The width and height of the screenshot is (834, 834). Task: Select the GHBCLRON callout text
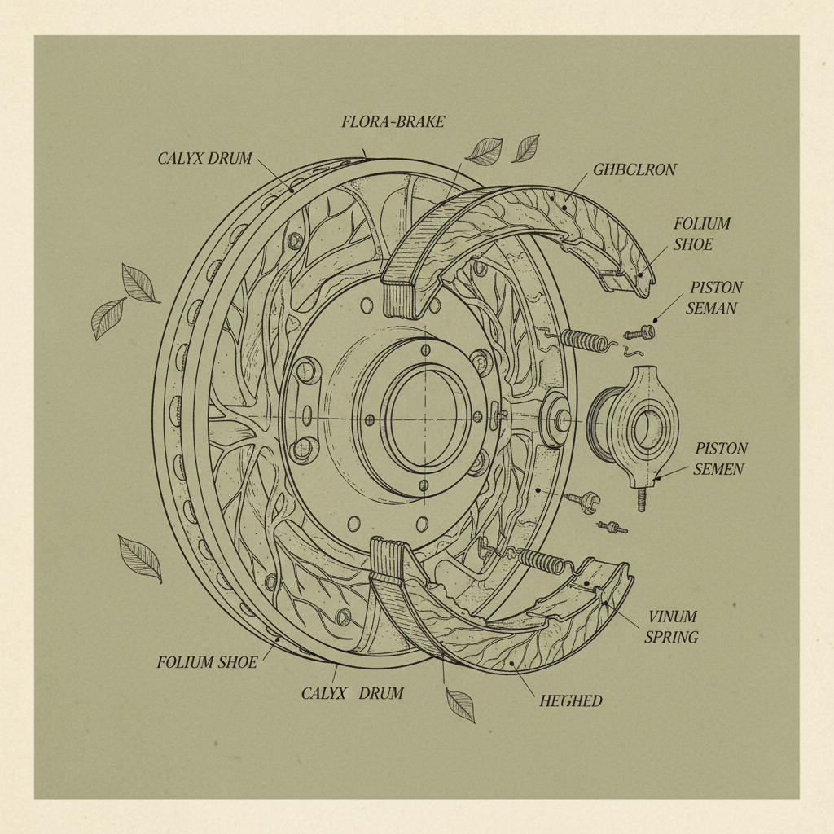[x=634, y=169]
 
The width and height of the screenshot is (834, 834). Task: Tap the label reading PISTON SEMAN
[x=715, y=298]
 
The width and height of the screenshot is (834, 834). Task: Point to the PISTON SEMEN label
[x=720, y=459]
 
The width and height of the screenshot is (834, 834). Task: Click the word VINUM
[x=672, y=617]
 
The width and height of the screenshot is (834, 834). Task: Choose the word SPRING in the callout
[x=671, y=637]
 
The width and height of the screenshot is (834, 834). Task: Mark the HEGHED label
[x=570, y=700]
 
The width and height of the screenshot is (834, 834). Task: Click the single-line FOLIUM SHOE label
[x=207, y=662]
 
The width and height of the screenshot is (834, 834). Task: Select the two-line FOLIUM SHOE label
[x=701, y=234]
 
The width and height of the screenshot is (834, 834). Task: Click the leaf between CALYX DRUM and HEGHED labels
[x=461, y=705]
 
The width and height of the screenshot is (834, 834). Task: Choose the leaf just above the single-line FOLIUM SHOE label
[x=140, y=558]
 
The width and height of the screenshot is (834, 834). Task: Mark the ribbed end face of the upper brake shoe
[x=405, y=296]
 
